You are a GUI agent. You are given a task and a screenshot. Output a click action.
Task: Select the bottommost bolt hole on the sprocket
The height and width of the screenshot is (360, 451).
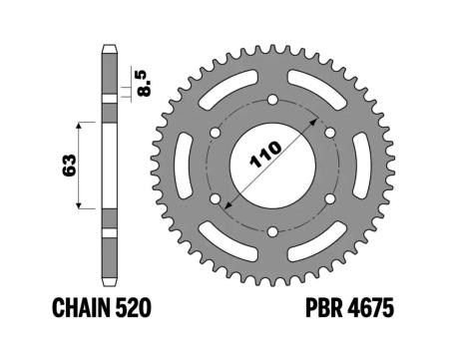272,232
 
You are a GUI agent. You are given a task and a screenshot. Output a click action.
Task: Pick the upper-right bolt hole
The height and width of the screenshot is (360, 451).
330,131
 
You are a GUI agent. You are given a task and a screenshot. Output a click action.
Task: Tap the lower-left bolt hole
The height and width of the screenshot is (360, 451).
214,198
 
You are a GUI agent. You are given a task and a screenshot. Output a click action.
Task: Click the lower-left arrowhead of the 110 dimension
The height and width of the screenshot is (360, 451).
229,205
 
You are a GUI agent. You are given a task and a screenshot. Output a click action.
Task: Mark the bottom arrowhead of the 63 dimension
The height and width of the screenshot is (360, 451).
79,206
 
